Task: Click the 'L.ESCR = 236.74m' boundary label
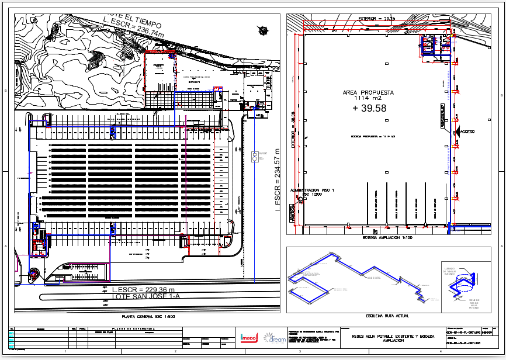(x=133, y=27)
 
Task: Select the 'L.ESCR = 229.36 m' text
(x=144, y=290)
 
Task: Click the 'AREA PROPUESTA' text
(x=368, y=92)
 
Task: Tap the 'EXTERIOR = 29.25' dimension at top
(x=376, y=19)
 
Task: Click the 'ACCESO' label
(x=467, y=132)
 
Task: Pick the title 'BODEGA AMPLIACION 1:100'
(x=387, y=238)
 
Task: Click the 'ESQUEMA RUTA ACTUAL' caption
(x=387, y=316)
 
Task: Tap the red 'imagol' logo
(x=249, y=337)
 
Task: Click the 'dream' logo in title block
(x=274, y=338)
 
